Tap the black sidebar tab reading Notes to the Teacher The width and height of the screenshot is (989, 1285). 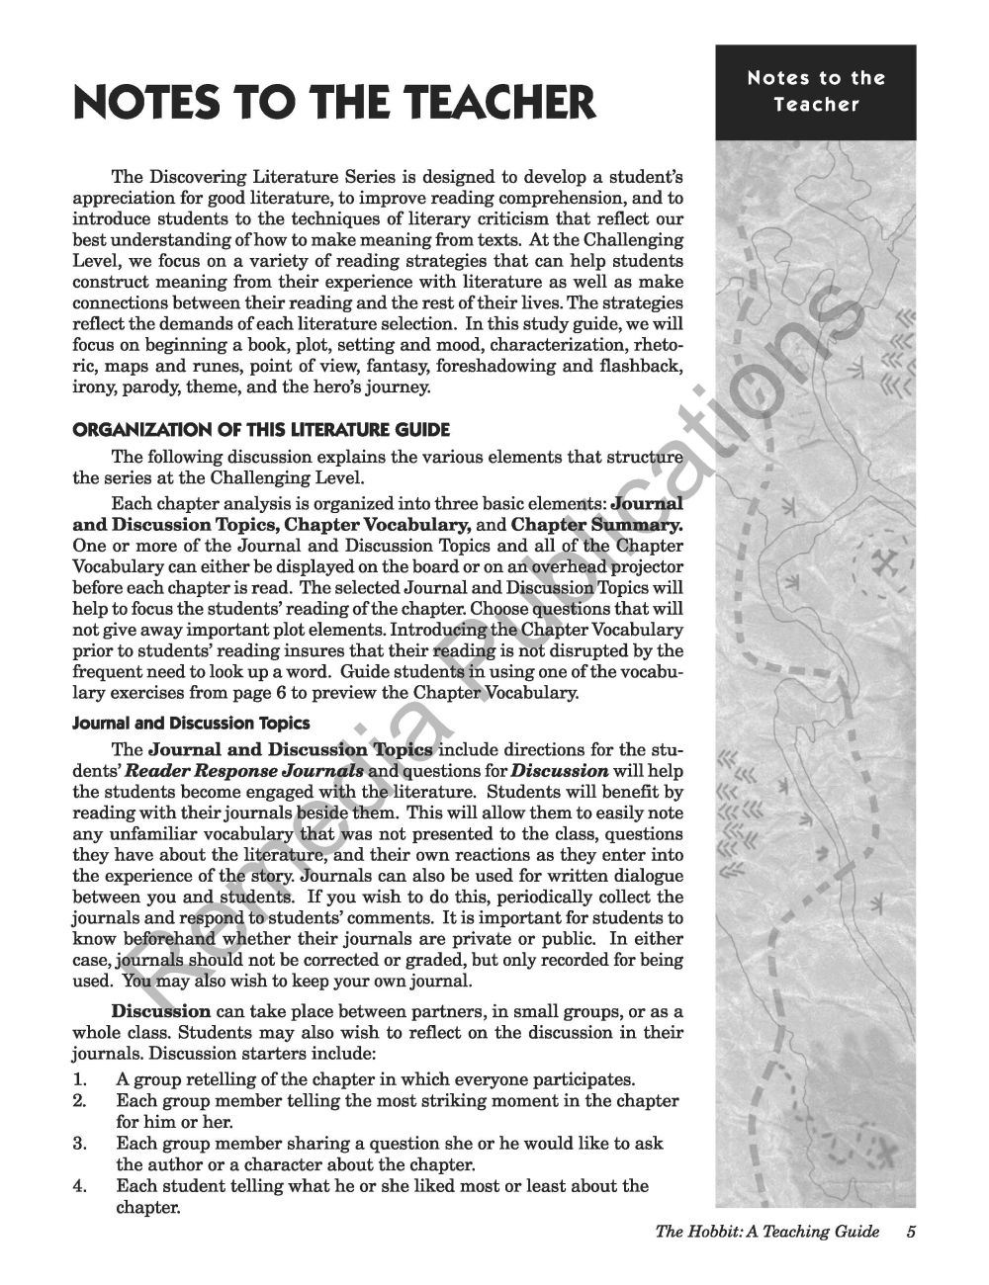tap(816, 91)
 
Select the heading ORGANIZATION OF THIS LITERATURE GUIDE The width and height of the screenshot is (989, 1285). tap(261, 430)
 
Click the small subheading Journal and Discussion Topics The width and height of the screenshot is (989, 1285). tap(191, 724)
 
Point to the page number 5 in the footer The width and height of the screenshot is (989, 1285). tap(911, 1231)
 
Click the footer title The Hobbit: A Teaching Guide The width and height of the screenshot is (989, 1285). tap(766, 1231)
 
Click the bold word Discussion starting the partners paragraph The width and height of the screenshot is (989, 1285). tap(160, 1012)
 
